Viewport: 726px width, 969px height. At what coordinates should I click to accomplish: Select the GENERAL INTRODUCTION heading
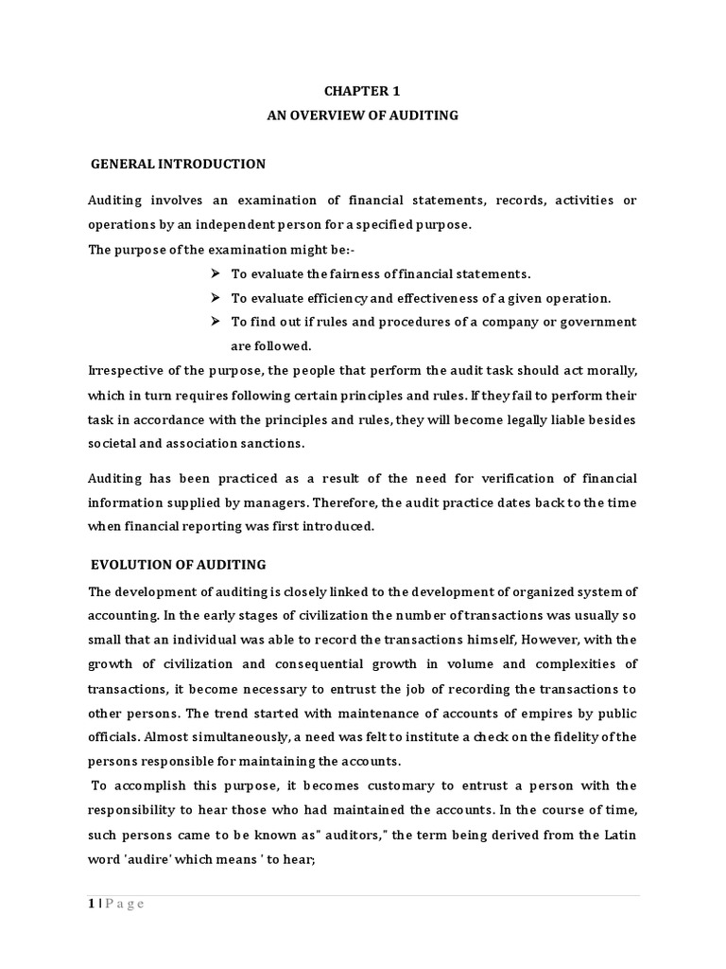click(x=178, y=164)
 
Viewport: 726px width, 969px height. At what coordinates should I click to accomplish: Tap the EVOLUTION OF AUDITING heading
click(x=179, y=565)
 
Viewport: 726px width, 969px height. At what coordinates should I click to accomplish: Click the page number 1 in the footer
click(x=93, y=904)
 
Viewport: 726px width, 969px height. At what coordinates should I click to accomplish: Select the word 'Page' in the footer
click(x=126, y=904)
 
